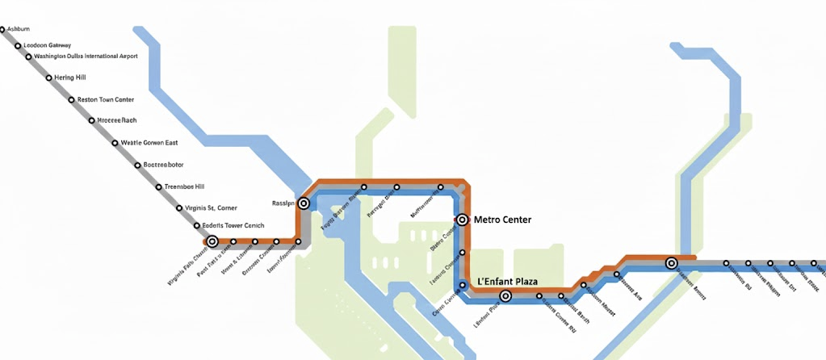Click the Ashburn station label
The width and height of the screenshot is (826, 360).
19,29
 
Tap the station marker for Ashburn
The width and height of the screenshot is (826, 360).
2,30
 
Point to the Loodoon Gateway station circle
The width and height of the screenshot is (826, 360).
18,45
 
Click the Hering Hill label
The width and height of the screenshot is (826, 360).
70,77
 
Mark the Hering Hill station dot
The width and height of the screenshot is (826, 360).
48,78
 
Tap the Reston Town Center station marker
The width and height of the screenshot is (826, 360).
71,100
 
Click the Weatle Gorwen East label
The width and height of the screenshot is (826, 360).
149,143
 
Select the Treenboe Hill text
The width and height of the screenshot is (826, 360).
184,186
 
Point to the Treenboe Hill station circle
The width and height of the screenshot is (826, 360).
159,187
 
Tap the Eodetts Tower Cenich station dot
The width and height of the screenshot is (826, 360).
197,225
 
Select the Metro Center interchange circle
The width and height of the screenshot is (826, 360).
463,219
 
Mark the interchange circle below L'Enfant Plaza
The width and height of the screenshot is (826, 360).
505,296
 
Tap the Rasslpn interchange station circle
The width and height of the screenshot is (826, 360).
304,203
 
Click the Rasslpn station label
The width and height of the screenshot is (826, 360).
283,203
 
